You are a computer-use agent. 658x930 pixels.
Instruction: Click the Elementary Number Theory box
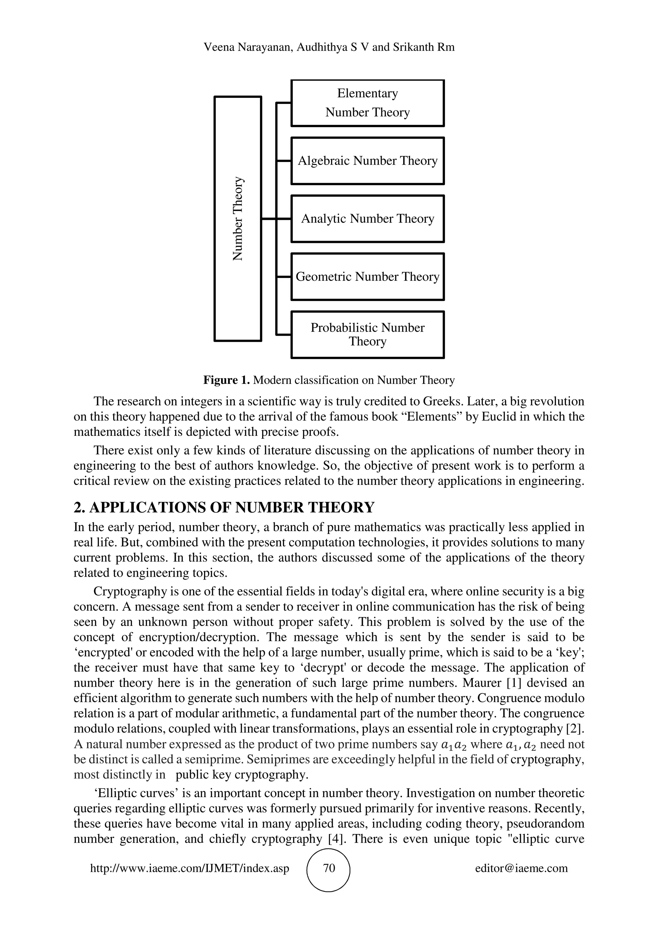click(x=367, y=103)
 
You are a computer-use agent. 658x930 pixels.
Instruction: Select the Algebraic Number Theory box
click(x=367, y=161)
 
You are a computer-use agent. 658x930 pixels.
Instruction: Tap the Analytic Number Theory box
click(x=367, y=219)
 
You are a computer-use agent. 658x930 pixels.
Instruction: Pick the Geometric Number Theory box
click(x=367, y=277)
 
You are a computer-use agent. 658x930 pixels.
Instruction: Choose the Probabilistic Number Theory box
click(x=367, y=335)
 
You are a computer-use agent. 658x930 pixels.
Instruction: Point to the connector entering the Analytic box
click(x=283, y=219)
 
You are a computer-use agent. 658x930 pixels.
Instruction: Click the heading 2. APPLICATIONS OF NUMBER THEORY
click(x=224, y=508)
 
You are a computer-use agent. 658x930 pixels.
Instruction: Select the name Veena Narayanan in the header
click(x=248, y=47)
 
